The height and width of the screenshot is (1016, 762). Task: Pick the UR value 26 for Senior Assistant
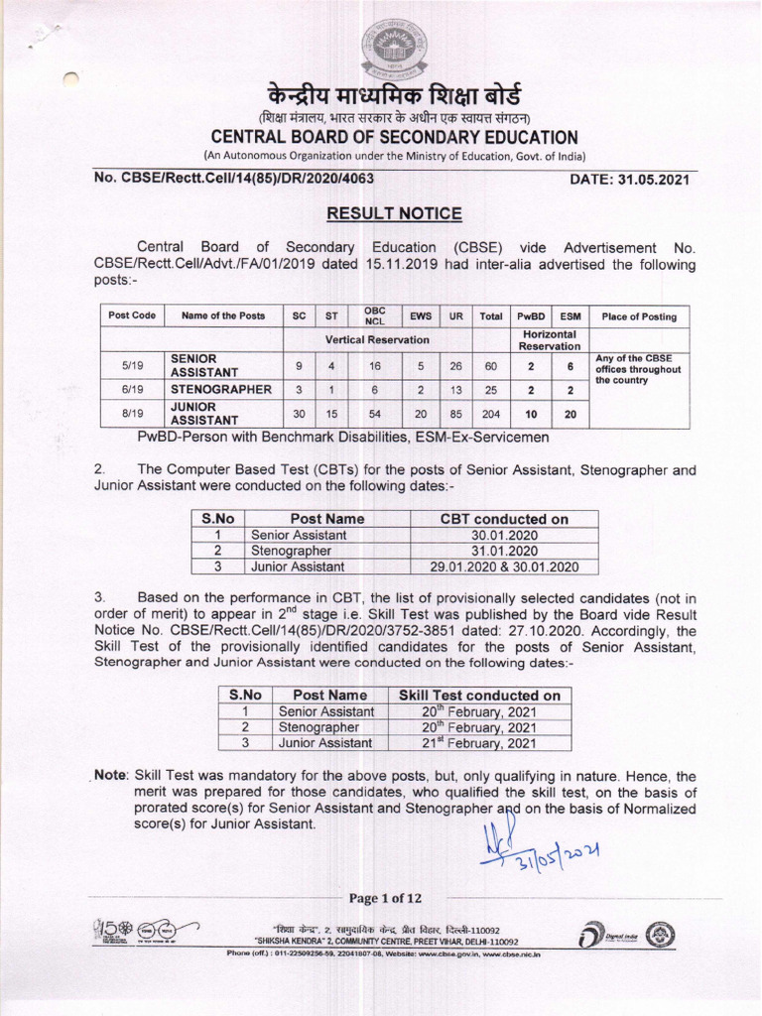[x=456, y=366]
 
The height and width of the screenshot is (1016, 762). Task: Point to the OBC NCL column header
[x=375, y=316]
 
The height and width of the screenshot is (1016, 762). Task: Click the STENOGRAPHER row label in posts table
[x=219, y=389]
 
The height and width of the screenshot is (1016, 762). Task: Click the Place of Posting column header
[x=639, y=317]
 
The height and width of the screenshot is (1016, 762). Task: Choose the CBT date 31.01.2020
[x=505, y=551]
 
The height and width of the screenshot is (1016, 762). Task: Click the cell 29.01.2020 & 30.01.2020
[x=505, y=567]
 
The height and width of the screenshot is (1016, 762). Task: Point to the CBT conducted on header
[x=505, y=519]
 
